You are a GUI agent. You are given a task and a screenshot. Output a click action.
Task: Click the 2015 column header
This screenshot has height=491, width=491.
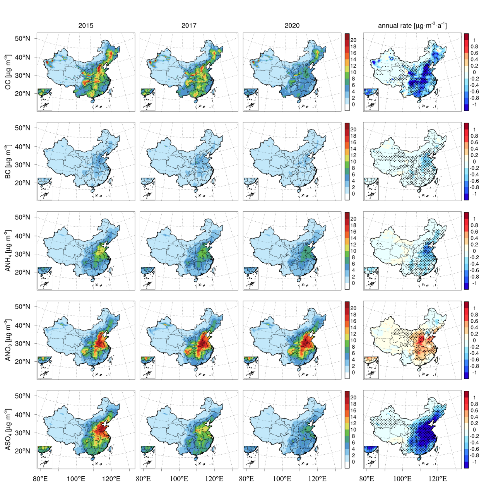[x=86, y=26]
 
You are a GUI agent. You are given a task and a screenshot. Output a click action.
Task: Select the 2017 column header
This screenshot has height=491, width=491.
[x=189, y=26]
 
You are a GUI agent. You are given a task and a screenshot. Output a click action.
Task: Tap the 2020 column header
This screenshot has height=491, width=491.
[x=292, y=26]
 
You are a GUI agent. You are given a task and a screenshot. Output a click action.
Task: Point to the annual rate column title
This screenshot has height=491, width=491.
[x=412, y=26]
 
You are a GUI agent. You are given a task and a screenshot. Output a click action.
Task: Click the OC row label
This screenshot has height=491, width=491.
[x=8, y=72]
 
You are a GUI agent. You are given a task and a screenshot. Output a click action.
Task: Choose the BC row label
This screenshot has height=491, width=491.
[x=8, y=162]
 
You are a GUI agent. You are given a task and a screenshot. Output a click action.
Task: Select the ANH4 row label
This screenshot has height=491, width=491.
[x=8, y=251]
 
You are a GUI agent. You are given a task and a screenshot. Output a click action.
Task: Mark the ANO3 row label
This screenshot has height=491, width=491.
[x=8, y=340]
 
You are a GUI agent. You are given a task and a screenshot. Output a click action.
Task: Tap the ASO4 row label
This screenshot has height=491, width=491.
[x=8, y=429]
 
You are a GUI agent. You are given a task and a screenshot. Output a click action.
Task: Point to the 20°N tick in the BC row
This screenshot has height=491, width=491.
[x=22, y=183]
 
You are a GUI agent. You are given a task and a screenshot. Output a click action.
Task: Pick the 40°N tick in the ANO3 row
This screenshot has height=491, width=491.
[x=22, y=325]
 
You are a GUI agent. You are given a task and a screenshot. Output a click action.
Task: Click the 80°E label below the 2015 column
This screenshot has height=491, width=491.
[x=40, y=479]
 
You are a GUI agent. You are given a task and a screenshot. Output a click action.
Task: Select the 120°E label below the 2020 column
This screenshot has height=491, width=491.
[x=317, y=479]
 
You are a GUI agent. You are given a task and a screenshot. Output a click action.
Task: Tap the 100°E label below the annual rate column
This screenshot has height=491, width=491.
[x=402, y=479]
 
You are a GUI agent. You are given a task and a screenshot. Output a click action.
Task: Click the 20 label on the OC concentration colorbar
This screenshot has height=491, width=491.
[x=353, y=40]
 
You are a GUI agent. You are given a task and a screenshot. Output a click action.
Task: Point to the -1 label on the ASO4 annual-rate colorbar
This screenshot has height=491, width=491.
[x=475, y=462]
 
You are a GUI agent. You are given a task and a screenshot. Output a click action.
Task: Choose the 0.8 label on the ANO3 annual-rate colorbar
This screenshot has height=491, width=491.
[x=474, y=315]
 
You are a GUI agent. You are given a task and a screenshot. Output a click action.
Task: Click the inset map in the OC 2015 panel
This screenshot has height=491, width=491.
[x=45, y=99]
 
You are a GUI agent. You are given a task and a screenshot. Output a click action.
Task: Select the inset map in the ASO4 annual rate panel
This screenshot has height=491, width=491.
[x=371, y=457]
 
